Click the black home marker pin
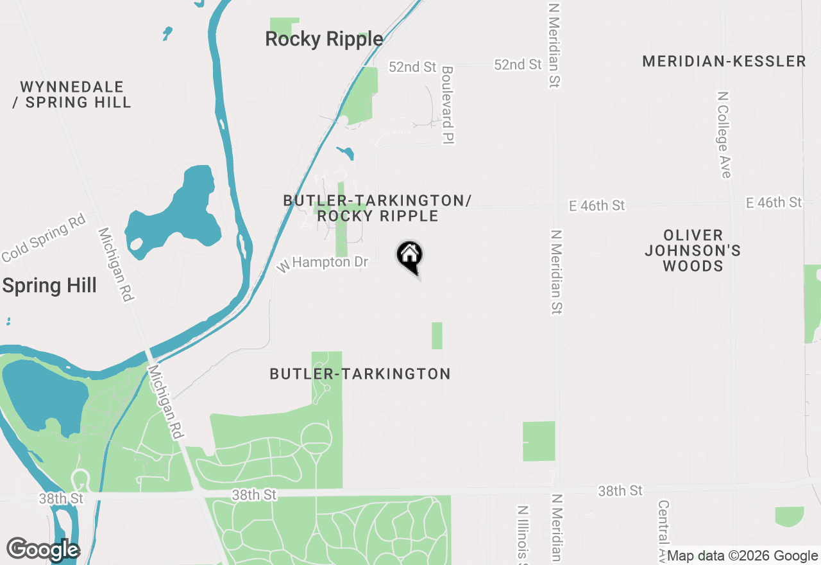409,257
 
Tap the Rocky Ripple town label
324,39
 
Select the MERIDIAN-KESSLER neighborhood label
724,61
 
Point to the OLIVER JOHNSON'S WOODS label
693,250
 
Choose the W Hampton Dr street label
323,263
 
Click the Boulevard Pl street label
448,105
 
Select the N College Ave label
724,134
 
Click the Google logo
43,550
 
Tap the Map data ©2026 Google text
742,556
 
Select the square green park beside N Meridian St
539,441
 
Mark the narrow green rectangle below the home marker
437,336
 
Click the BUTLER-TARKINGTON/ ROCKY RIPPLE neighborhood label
377,208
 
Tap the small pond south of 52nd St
346,153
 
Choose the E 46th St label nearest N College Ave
774,203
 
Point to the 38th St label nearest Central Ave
620,491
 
